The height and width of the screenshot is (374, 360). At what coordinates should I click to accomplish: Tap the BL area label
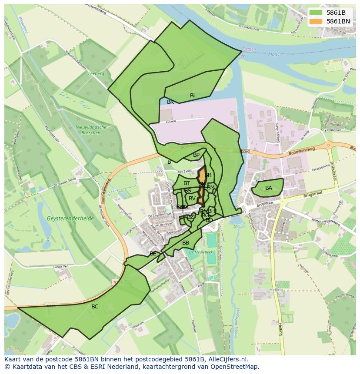click(193, 96)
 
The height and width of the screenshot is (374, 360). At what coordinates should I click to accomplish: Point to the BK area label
click(170, 102)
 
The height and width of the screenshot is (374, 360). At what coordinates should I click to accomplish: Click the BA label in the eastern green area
click(269, 188)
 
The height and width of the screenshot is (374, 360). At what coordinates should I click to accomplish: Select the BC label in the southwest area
click(95, 307)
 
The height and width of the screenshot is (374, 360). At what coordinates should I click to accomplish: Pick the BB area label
click(186, 243)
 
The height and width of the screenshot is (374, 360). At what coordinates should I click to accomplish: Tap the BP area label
click(196, 155)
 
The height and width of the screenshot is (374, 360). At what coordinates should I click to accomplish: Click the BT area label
click(187, 183)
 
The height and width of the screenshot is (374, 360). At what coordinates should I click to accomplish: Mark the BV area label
click(192, 199)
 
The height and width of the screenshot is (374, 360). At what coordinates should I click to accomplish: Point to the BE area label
click(153, 254)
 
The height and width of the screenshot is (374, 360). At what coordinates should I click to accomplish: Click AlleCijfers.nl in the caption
click(227, 359)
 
